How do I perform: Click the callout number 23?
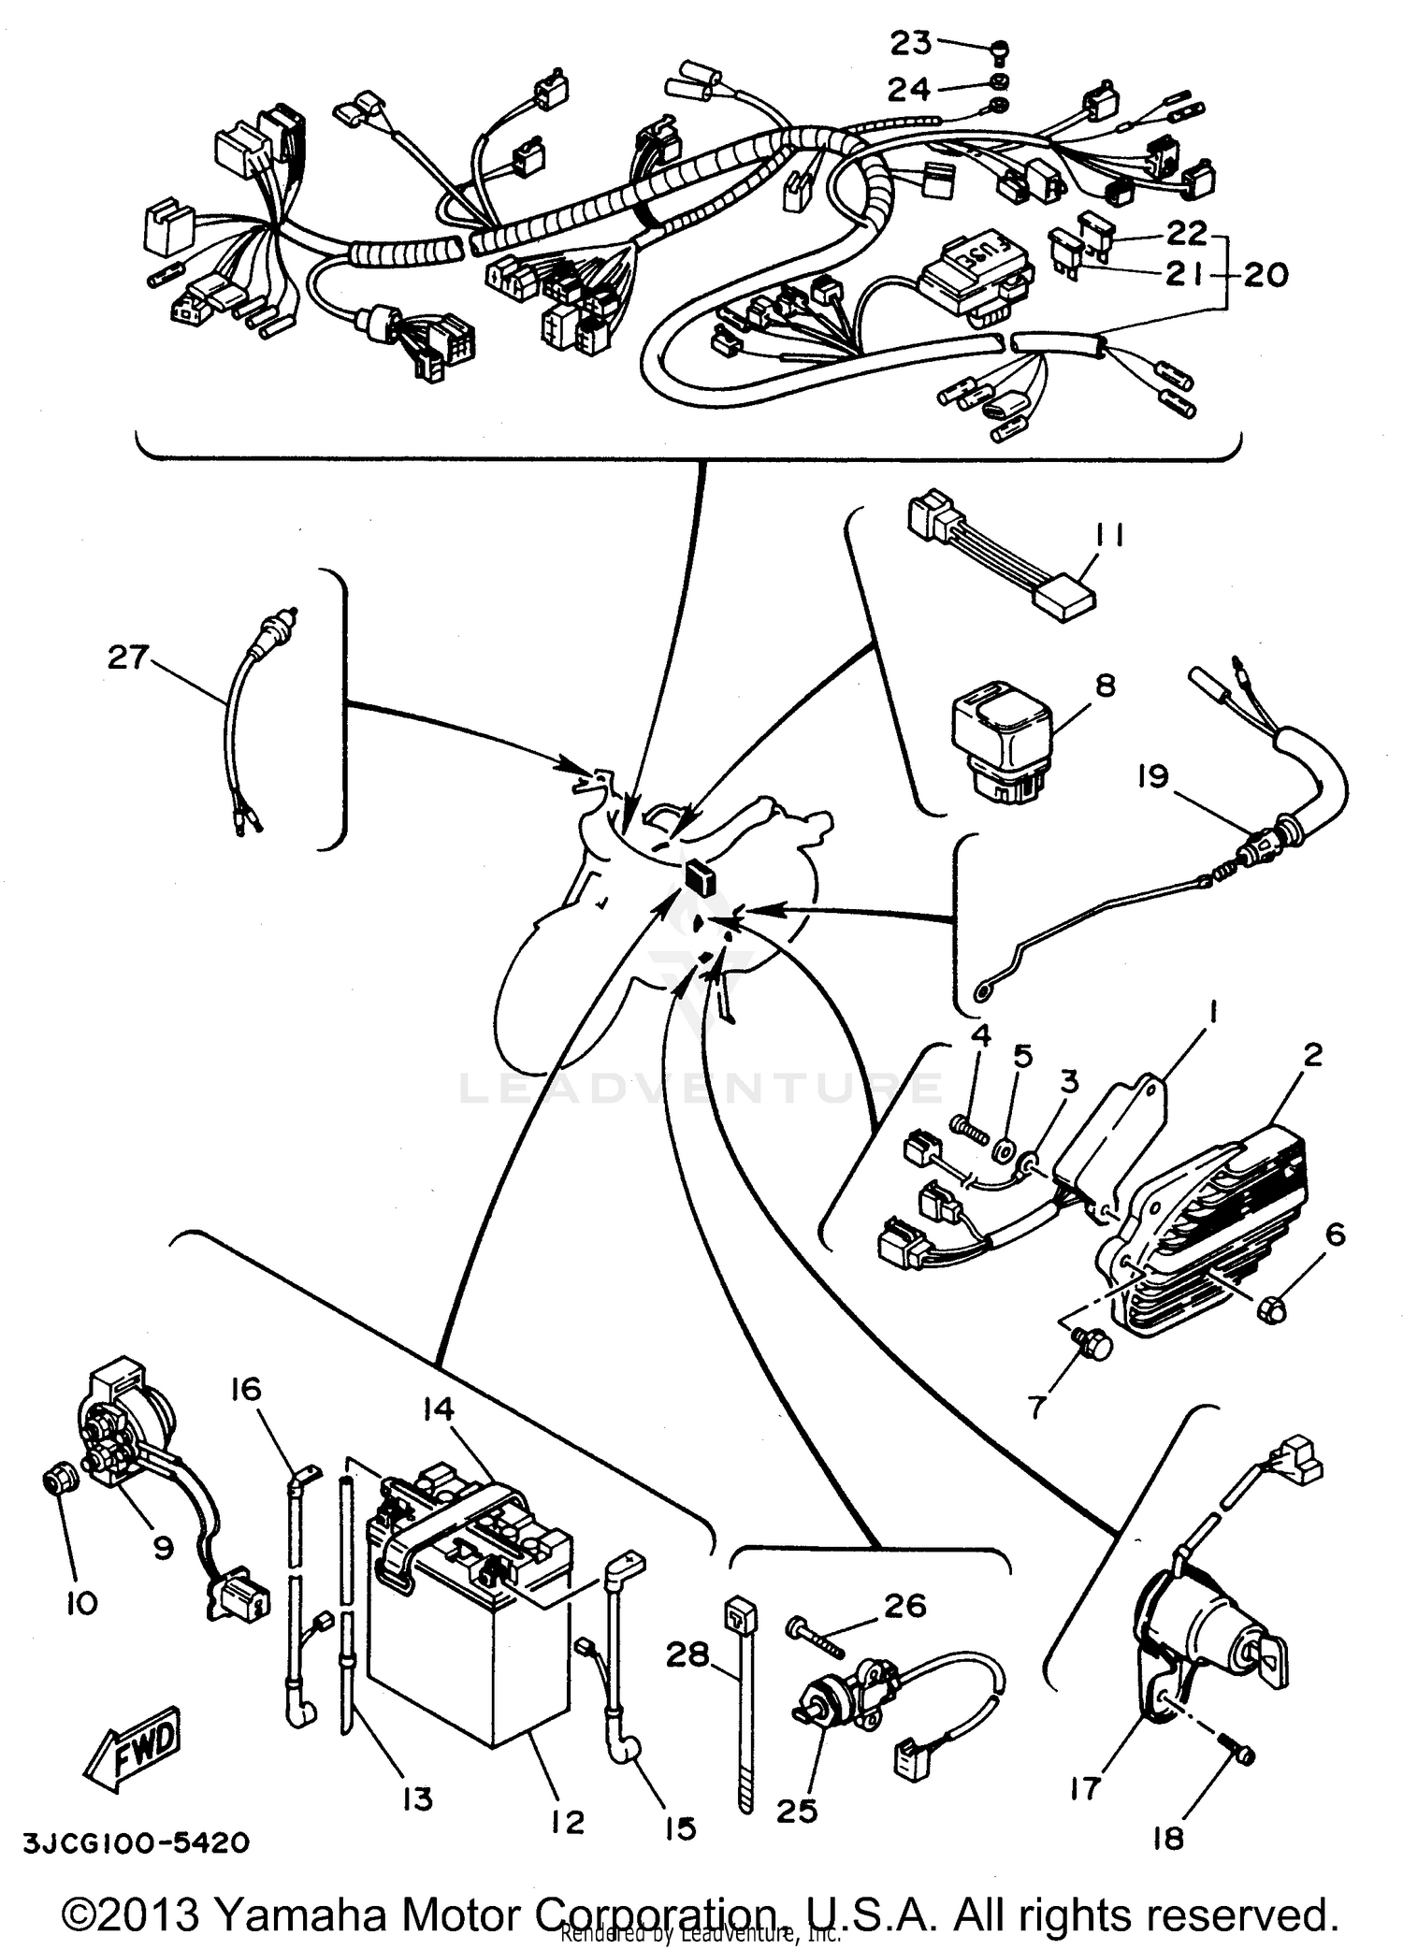[x=910, y=43]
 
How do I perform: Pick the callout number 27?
[x=128, y=657]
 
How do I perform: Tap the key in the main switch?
[x=1275, y=1658]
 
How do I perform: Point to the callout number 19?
[x=1153, y=776]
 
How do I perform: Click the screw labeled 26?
[x=814, y=1634]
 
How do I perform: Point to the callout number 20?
[x=1266, y=275]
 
